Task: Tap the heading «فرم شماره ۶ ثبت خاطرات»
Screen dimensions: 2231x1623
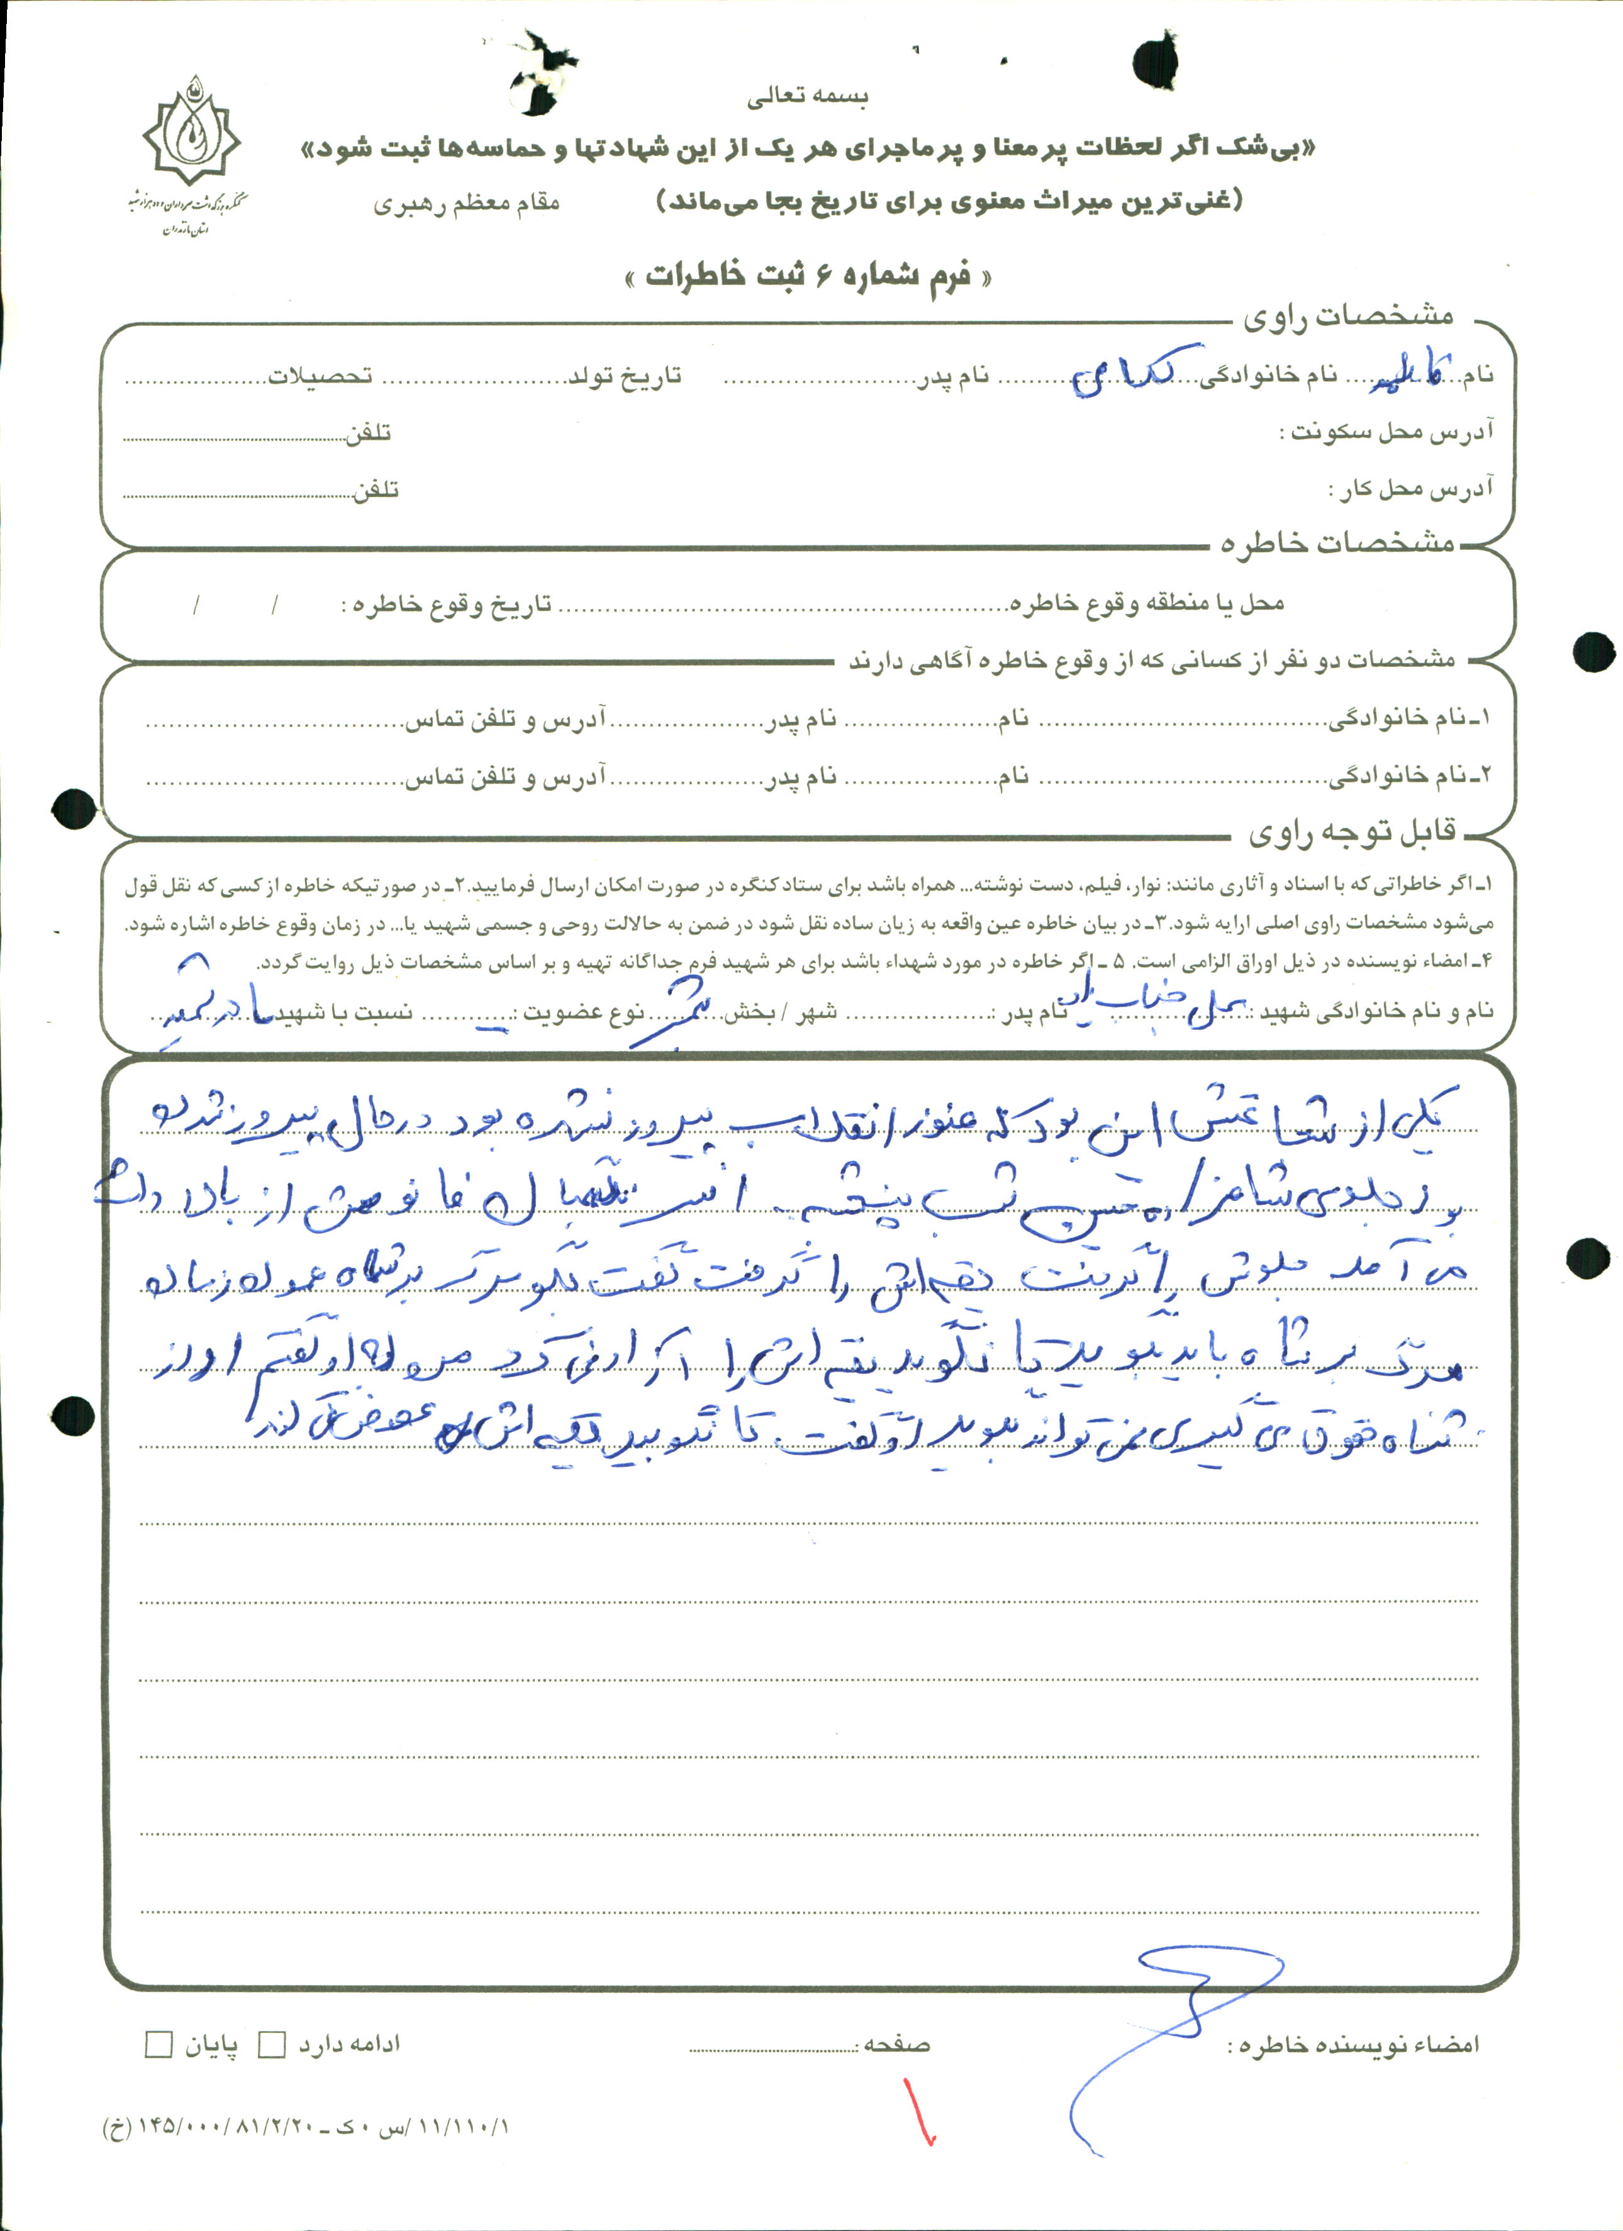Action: [808, 276]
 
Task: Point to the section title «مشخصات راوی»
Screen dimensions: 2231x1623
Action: [1347, 316]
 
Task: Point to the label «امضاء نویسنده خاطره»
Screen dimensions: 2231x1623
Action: [1354, 2045]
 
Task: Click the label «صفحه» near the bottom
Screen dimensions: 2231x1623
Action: [897, 2045]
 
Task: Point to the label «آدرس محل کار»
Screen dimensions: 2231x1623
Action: [1412, 489]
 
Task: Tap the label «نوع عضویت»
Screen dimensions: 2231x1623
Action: [583, 1013]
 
